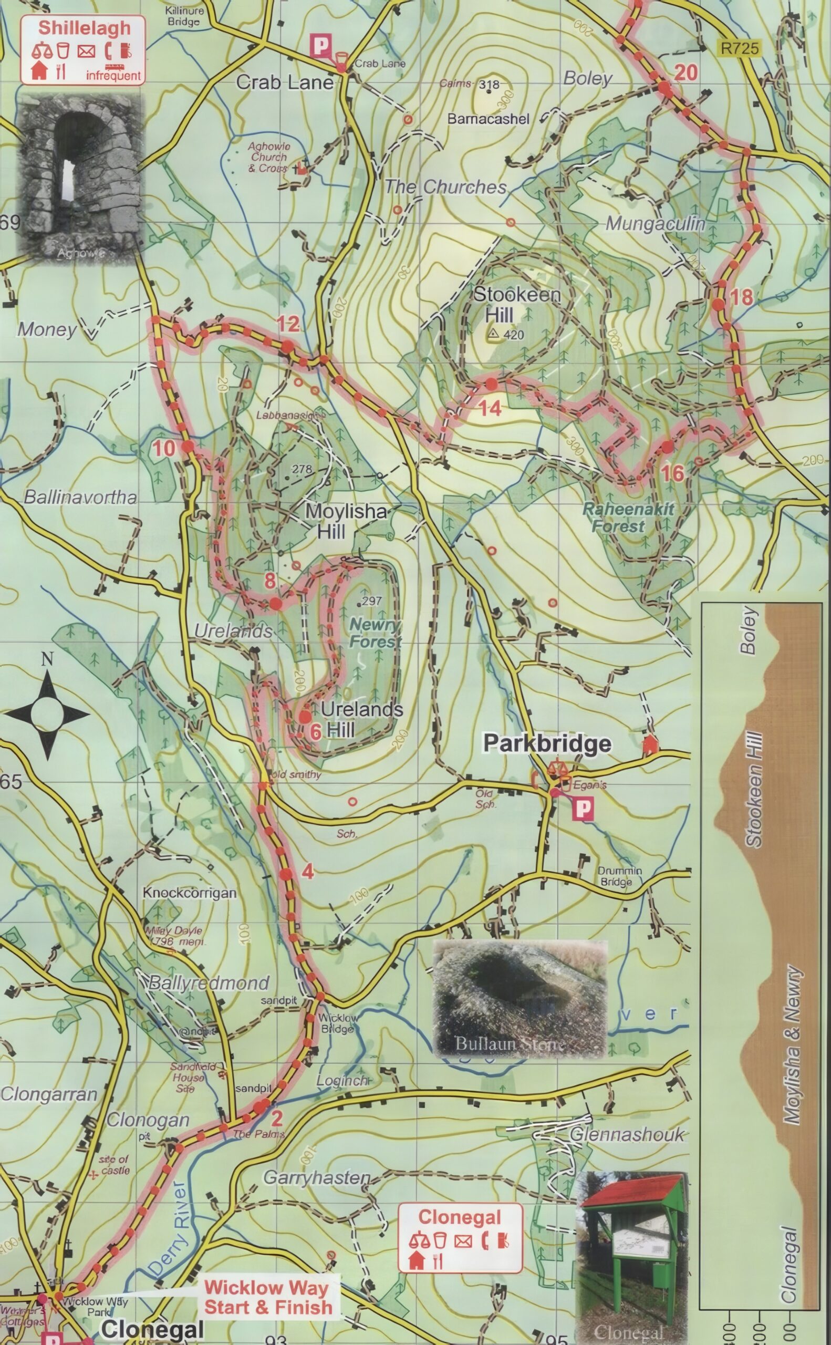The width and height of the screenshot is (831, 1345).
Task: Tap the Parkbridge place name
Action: pyautogui.click(x=547, y=743)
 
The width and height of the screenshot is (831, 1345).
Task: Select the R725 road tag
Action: pyautogui.click(x=740, y=48)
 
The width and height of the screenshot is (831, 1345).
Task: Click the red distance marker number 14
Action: pyautogui.click(x=489, y=408)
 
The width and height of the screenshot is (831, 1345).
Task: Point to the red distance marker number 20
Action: pyautogui.click(x=685, y=72)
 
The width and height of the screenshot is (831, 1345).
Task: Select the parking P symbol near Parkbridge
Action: pyautogui.click(x=583, y=809)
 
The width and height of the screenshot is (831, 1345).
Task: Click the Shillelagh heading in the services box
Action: pyautogui.click(x=84, y=28)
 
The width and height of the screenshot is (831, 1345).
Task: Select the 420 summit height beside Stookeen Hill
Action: pyautogui.click(x=513, y=335)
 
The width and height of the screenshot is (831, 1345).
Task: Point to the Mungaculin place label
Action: pyautogui.click(x=655, y=224)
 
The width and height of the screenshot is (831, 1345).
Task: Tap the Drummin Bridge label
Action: pyautogui.click(x=619, y=876)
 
